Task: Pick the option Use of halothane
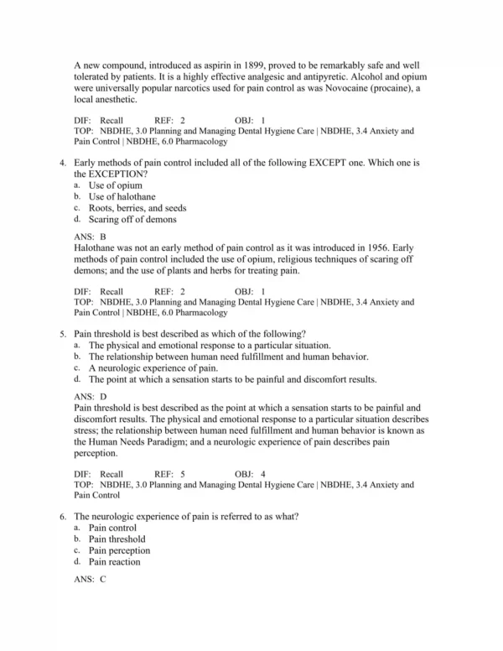tap(123, 197)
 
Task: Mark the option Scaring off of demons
tap(132, 220)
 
